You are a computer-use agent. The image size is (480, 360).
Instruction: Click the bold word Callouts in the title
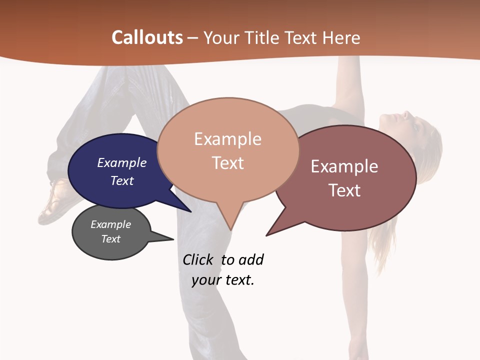point(147,38)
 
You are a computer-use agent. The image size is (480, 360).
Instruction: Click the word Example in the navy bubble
point(122,162)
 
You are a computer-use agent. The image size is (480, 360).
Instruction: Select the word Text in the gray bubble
point(111,239)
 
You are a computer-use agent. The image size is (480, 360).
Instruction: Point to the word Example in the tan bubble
point(227,139)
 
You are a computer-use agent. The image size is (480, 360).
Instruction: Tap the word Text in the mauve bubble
point(344,190)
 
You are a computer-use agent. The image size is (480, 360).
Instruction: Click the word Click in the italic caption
point(197,259)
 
